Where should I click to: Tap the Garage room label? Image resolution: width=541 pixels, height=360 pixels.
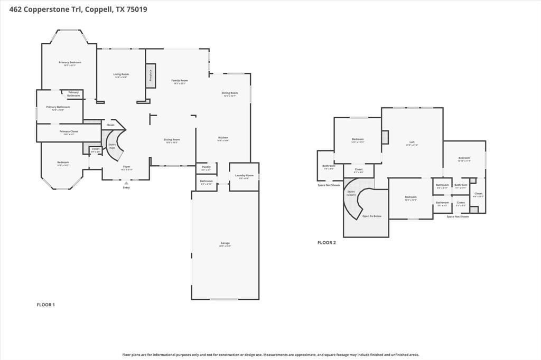tap(225, 243)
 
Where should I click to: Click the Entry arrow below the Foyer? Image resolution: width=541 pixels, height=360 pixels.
tap(126, 183)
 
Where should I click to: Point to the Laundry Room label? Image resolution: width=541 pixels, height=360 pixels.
tap(244, 175)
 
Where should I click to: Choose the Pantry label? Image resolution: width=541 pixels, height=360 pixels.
tap(206, 167)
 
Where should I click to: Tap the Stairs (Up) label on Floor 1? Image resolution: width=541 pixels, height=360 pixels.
tap(112, 146)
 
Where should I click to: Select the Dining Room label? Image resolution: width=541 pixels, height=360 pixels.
tap(229, 93)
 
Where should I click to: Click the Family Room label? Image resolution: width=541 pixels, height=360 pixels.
tap(180, 81)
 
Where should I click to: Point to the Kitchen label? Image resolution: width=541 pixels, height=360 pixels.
tap(223, 138)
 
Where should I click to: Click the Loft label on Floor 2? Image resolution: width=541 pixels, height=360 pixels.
tap(412, 143)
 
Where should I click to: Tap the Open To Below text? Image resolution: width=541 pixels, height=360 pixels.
tap(371, 216)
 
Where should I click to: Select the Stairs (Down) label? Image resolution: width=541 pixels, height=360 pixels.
tap(351, 193)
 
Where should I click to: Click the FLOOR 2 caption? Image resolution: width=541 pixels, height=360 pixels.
tap(327, 243)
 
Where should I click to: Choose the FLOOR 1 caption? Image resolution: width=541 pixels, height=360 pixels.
tap(45, 305)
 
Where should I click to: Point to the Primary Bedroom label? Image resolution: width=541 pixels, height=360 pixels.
tap(70, 63)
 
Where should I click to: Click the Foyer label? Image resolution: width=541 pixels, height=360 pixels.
tap(127, 167)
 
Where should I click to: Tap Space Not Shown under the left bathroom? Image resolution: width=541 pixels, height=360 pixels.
tap(329, 185)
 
